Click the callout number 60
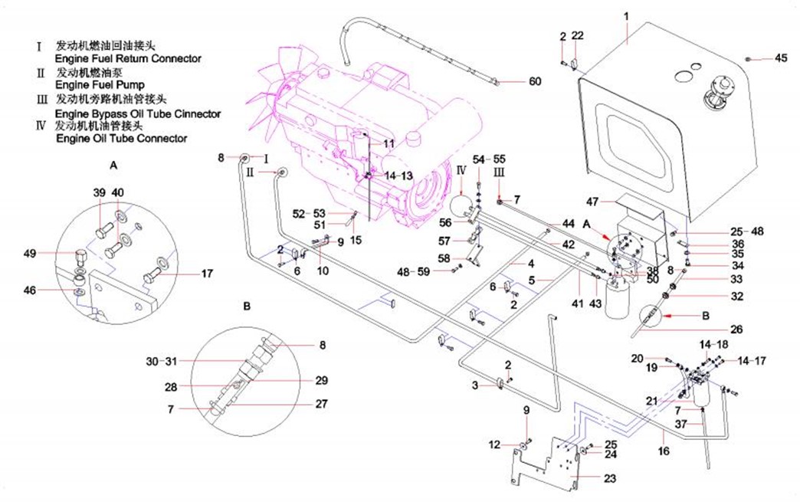(534, 81)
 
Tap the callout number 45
(781, 57)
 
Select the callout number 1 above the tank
(626, 16)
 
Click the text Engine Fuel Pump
(100, 85)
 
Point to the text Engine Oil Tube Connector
(121, 139)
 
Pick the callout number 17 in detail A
(207, 273)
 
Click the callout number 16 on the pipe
(664, 451)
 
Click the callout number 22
(578, 36)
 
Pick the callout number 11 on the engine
(389, 143)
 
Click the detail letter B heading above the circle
(246, 305)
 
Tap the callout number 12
(494, 445)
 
